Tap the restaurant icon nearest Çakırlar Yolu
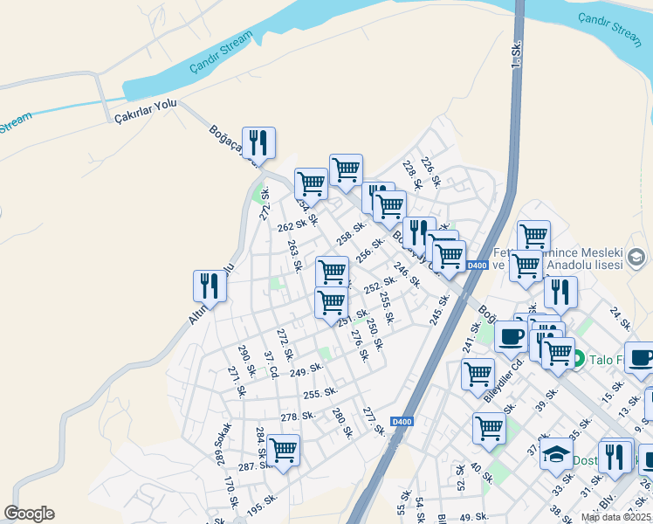pos(258,141)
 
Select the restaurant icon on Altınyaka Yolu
pos(210,285)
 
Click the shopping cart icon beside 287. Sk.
pos(283,450)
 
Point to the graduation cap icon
pos(554,453)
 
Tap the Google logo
pos(29,514)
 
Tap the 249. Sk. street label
pos(306,372)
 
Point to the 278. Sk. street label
pos(297,416)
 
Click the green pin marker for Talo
pos(577,357)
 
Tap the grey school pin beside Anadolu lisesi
pos(638,257)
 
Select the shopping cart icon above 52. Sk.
pos(488,428)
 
